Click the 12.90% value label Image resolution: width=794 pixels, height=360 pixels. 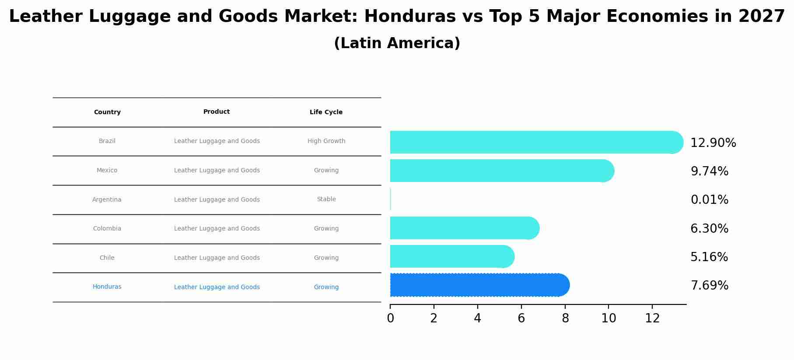click(713, 143)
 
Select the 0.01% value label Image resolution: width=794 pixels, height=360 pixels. click(709, 200)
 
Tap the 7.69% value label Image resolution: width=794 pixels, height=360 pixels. click(709, 286)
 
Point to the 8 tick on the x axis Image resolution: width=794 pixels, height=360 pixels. click(565, 318)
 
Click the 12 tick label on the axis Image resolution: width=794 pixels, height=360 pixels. click(652, 318)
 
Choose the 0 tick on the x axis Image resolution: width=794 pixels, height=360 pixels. click(390, 318)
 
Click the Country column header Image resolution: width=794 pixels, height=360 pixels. click(107, 112)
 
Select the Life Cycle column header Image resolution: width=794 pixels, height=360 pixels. click(326, 112)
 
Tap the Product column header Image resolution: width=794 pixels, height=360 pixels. click(217, 112)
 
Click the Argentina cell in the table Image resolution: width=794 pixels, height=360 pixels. click(107, 200)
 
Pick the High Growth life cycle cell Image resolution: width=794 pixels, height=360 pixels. click(326, 141)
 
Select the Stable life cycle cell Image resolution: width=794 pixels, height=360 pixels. click(326, 199)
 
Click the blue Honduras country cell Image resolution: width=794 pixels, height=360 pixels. click(107, 287)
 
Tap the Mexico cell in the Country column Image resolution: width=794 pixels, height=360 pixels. click(107, 171)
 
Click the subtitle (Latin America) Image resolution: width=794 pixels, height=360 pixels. click(397, 43)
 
